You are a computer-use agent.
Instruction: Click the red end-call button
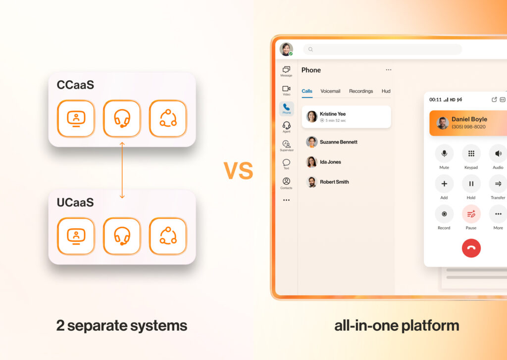coord(471,248)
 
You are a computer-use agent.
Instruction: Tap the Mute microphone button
coord(444,154)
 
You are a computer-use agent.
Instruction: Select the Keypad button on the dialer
coord(471,154)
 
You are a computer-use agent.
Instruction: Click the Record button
coord(444,214)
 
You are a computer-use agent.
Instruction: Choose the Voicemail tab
coord(330,91)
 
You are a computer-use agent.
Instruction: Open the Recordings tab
coord(361,91)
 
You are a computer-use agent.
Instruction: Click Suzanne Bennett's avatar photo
coord(311,142)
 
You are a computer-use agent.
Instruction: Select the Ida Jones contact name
coord(330,162)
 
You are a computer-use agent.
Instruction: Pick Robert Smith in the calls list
coord(334,182)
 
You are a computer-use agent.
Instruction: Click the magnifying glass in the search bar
coord(310,50)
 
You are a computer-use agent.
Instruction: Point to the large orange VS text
coord(238,171)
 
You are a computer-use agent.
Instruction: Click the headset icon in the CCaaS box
coord(122,118)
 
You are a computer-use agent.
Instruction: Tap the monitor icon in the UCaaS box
coord(76,236)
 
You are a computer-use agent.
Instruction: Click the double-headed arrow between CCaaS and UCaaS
coord(122,169)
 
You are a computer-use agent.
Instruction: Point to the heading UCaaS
coord(76,203)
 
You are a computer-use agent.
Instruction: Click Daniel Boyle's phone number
coord(468,127)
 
